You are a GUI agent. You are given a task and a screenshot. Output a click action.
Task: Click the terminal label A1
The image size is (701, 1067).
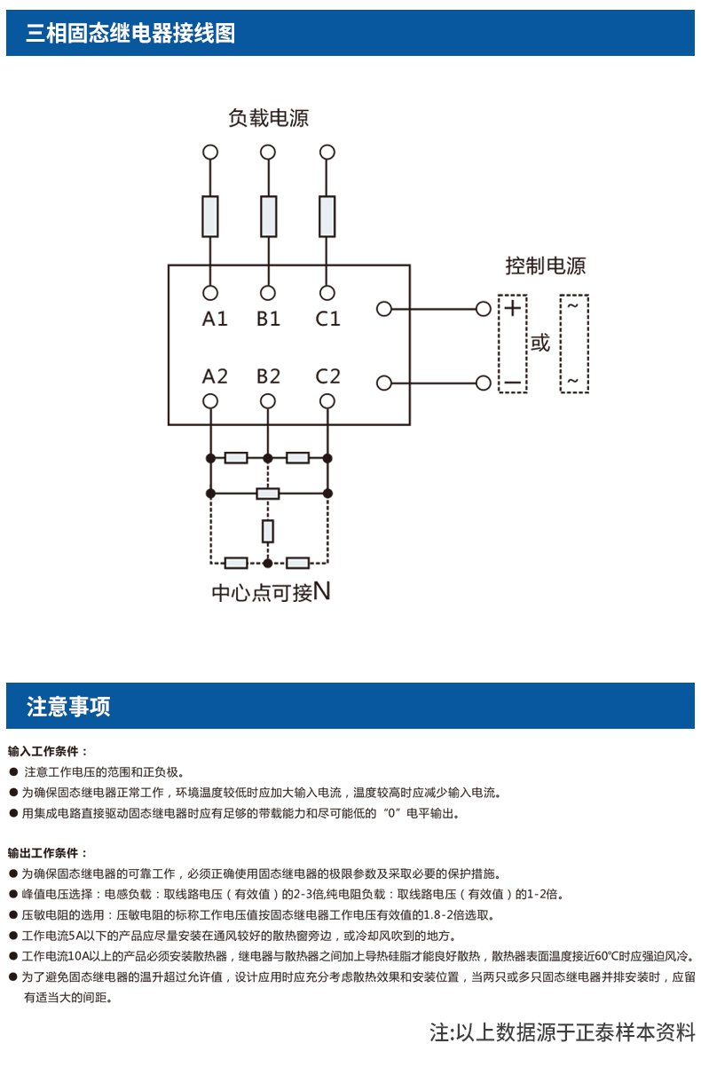point(215,319)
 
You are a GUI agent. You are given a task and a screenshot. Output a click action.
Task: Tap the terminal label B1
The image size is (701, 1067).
point(269,319)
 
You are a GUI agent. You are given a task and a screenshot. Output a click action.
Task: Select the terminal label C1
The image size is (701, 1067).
point(327,319)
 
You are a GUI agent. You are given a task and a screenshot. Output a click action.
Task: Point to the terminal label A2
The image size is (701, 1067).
point(215,376)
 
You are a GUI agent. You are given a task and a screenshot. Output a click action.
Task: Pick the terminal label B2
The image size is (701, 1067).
point(269,376)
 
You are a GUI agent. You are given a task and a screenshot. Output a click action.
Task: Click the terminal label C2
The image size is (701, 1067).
point(327,376)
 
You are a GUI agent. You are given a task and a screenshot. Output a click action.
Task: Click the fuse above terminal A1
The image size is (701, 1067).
point(210,217)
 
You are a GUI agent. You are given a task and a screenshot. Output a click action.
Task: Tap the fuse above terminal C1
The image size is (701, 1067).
point(327,217)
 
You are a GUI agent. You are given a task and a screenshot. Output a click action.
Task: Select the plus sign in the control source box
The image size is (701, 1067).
point(513,309)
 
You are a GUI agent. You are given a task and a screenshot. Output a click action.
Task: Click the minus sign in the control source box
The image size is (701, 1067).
point(513,383)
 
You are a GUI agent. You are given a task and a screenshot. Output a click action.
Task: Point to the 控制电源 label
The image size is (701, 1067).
point(545,266)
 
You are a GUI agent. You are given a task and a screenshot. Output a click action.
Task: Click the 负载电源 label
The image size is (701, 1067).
point(268,118)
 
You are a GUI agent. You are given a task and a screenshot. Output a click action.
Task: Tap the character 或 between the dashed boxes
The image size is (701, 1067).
point(540,344)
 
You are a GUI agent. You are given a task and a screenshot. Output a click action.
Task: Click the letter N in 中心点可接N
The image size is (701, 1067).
point(322,591)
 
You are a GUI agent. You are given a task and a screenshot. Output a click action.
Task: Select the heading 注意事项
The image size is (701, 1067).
point(68,707)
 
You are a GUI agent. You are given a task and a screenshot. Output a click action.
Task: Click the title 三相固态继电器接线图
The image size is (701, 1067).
point(130,34)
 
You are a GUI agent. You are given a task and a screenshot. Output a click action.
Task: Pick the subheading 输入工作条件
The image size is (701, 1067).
point(48,751)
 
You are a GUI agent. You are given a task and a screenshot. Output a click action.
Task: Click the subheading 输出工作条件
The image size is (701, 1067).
point(48,853)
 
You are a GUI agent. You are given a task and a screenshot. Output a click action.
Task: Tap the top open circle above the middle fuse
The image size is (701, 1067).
point(268,152)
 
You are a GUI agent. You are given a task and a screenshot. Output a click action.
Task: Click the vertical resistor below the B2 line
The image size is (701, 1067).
point(268,531)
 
